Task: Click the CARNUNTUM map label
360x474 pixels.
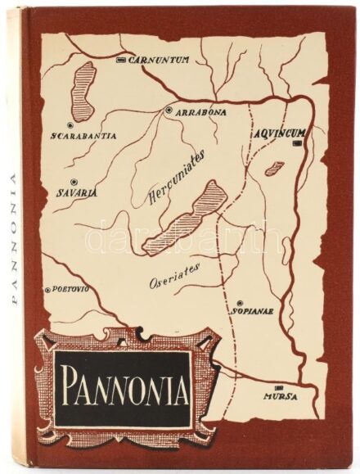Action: [x=160, y=60]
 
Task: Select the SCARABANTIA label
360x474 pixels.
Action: [x=83, y=135]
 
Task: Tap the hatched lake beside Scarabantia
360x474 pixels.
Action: [x=83, y=88]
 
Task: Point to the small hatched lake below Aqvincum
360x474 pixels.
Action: [x=274, y=169]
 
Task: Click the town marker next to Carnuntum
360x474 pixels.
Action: [x=121, y=61]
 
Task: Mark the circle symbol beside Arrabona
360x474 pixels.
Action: [x=169, y=111]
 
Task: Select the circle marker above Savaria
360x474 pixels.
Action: [x=74, y=180]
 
